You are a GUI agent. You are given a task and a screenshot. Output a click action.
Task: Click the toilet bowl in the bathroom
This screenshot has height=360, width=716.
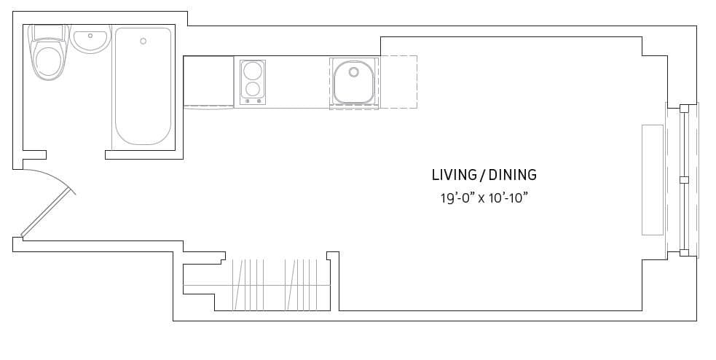pos(49,61)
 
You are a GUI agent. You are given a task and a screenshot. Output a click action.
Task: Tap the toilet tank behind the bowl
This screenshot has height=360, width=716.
pos(49,32)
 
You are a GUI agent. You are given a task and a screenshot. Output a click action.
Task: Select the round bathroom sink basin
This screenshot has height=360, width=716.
pos(90,39)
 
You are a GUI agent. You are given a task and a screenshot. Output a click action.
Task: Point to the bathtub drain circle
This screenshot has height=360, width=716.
pos(143,41)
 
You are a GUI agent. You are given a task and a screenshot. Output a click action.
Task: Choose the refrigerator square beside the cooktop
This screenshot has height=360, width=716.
pos(208,81)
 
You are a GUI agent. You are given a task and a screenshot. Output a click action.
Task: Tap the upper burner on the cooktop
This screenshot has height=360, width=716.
pos(253,71)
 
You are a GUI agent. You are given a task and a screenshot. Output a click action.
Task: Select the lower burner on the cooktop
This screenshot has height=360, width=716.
pos(253,90)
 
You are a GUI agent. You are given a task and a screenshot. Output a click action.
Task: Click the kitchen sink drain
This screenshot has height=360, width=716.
pos(354,71)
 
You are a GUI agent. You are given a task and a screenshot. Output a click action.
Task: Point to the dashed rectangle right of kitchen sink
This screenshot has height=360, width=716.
pos(398,82)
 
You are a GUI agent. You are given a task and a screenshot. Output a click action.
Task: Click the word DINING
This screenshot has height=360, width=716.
pos(512,175)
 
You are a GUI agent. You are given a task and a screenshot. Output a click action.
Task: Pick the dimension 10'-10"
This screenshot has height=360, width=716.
pos(508,197)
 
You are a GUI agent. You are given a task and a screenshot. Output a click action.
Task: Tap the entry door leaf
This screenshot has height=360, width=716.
pos(48,213)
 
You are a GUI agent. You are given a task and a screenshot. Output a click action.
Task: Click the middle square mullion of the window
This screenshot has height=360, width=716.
pos(683,179)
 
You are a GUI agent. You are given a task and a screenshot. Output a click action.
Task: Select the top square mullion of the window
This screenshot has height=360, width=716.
pos(683,109)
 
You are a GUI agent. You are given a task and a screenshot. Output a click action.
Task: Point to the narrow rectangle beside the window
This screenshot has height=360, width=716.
pos(652,179)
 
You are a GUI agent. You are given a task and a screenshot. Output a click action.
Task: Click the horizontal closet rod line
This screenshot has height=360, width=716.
pos(255,285)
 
